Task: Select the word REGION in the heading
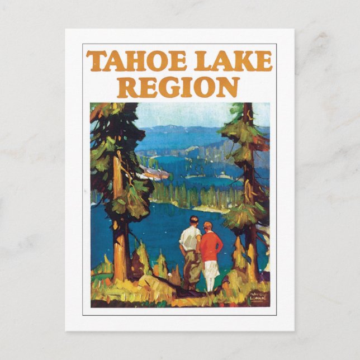[179, 87]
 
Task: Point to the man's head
[194, 220]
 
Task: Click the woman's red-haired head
[208, 226]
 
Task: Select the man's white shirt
[190, 238]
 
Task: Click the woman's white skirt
[210, 276]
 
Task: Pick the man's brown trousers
[193, 268]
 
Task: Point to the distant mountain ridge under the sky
[179, 130]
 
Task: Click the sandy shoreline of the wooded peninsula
[196, 206]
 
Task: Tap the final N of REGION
[229, 87]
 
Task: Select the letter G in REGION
[168, 87]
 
